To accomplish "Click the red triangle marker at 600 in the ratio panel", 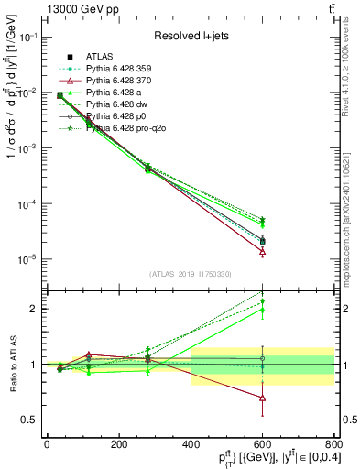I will point(262,398).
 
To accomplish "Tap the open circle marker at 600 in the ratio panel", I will point(262,358).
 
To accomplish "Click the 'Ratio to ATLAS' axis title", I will point(11,364).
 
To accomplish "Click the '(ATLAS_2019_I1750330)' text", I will point(189,274).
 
